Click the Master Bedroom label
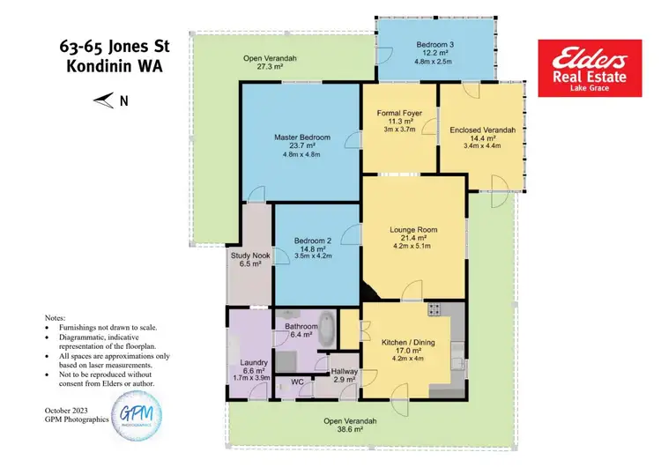click(301, 137)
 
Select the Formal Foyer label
click(400, 113)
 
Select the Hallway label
click(345, 372)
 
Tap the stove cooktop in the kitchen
click(434, 310)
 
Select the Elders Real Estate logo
click(590, 67)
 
